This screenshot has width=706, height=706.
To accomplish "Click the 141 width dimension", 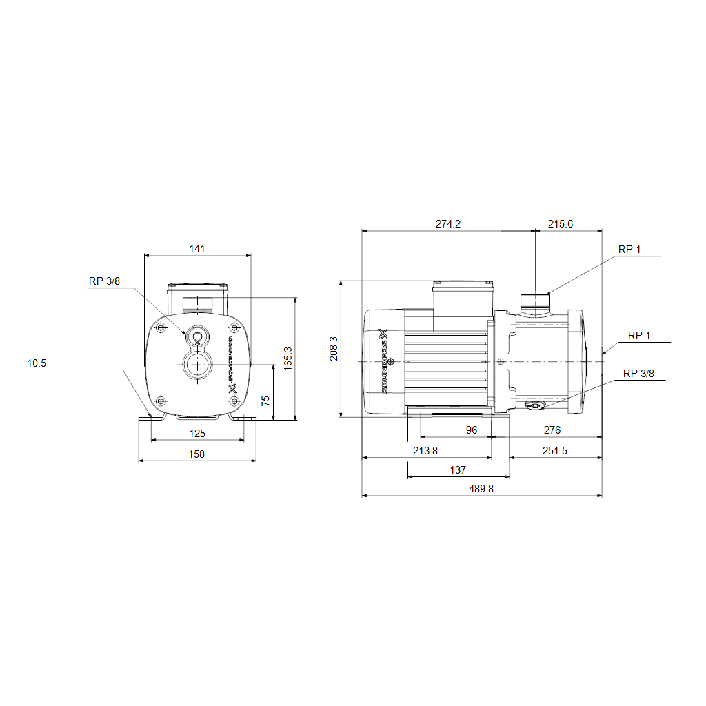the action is [197, 248].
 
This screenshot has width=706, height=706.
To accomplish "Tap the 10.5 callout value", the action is [37, 363].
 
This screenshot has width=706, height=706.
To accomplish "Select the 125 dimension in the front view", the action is [197, 434].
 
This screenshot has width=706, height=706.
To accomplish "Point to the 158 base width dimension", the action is [196, 454].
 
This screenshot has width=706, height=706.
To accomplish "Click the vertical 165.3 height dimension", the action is [288, 359].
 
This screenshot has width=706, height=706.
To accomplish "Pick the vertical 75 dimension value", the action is [265, 401].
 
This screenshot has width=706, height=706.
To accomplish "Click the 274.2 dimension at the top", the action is [448, 224].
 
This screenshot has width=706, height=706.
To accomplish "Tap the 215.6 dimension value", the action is [561, 224].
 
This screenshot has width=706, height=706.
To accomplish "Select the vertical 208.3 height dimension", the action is [334, 348].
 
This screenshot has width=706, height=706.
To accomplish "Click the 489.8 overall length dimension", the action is [481, 489].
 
